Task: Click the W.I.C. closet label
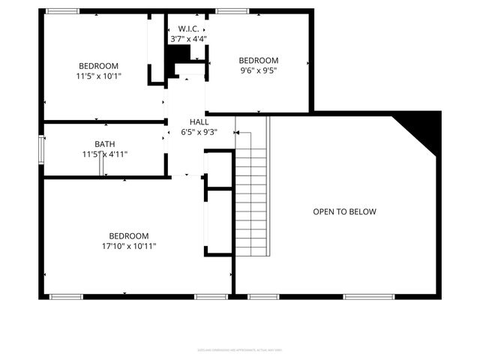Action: coord(187,28)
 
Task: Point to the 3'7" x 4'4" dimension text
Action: coord(188,38)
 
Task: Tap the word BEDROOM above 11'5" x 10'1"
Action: coord(98,66)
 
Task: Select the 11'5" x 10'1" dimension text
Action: coord(98,76)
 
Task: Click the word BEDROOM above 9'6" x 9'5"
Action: coord(259,61)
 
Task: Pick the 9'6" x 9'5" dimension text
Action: coord(259,71)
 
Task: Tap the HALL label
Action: coord(199,121)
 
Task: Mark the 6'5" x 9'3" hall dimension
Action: coord(199,132)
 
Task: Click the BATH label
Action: coord(105,144)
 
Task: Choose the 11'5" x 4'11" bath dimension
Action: coord(105,154)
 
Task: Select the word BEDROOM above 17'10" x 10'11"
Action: coord(129,235)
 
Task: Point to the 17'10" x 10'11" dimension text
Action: coord(129,246)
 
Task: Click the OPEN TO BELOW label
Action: coord(344,212)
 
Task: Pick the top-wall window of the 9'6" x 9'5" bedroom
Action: coord(228,11)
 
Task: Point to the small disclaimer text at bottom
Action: coord(239,349)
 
